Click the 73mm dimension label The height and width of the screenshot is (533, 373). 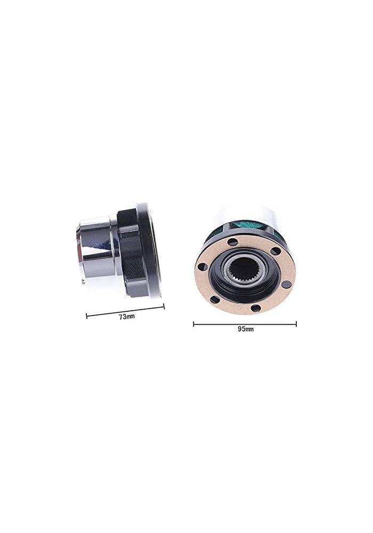pyautogui.click(x=126, y=317)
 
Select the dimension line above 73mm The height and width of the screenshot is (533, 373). pyautogui.click(x=126, y=311)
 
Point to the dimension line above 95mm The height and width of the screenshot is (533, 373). pyautogui.click(x=245, y=323)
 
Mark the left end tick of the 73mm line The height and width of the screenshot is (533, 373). pyautogui.click(x=87, y=316)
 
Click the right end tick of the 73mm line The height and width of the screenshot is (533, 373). pyautogui.click(x=164, y=306)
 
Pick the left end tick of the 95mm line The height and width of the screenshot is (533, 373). pyautogui.click(x=194, y=323)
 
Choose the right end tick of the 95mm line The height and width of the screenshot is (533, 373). pyautogui.click(x=296, y=323)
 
